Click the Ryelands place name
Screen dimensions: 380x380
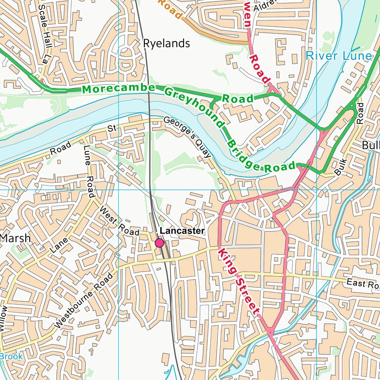pos(166,44)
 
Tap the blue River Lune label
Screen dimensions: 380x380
pos(338,55)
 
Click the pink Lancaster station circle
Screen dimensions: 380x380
pos(159,243)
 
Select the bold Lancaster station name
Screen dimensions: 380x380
pos(183,231)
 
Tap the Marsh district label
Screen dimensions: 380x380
pos(15,238)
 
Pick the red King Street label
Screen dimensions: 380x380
pos(239,282)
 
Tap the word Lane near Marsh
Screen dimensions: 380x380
pos(59,245)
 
